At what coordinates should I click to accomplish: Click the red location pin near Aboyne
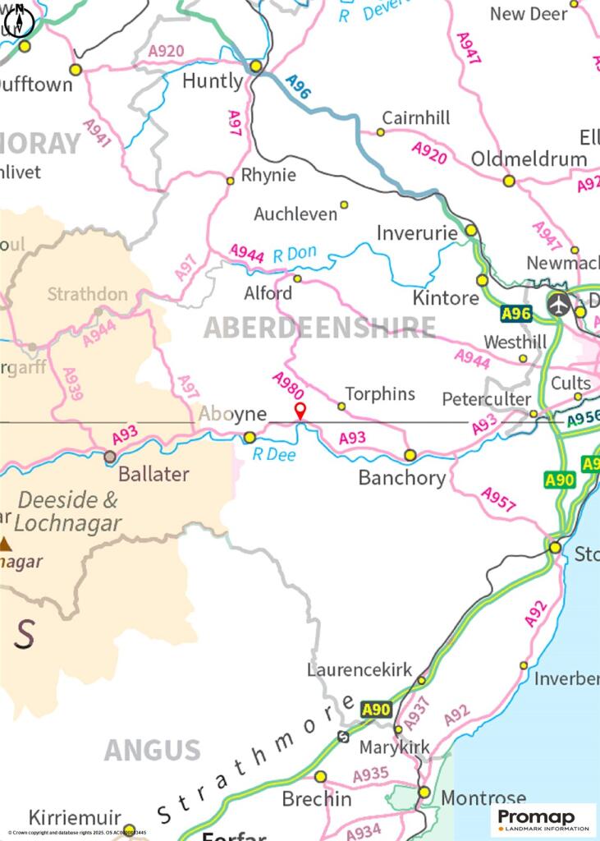(x=300, y=411)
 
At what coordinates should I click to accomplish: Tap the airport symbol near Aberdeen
(x=559, y=304)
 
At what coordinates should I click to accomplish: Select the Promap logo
(x=544, y=820)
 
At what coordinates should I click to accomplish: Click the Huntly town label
(x=213, y=80)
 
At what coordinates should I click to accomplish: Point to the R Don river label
(x=294, y=254)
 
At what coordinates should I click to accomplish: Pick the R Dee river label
(x=268, y=454)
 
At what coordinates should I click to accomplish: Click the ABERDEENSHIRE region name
(x=319, y=327)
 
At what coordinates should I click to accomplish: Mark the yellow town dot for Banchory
(x=410, y=455)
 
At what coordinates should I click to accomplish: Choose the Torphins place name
(x=380, y=393)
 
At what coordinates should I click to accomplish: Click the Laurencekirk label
(x=360, y=669)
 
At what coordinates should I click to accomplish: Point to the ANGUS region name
(x=152, y=750)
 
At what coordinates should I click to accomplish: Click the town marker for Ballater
(x=110, y=457)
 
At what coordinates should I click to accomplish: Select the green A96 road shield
(x=516, y=313)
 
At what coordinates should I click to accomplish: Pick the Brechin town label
(x=317, y=798)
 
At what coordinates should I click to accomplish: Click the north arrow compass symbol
(x=18, y=21)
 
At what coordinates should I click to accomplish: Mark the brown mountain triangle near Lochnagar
(x=6, y=543)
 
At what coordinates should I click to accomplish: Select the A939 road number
(x=71, y=384)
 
